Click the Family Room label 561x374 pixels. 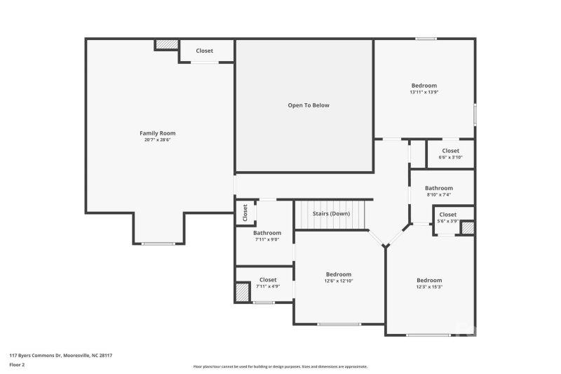point(157,133)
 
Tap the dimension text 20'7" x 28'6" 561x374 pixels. point(157,140)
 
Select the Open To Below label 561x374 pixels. point(308,105)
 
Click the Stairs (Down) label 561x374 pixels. point(331,213)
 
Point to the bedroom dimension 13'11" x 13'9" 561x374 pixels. point(424,92)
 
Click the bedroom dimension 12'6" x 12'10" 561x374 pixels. point(338,281)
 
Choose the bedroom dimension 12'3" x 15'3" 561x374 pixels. point(429,286)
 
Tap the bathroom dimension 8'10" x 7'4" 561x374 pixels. point(439,194)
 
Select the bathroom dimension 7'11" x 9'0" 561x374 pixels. point(267,239)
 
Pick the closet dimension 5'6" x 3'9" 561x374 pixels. point(447,221)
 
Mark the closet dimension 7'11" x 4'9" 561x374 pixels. point(268,286)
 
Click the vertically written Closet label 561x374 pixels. point(245,212)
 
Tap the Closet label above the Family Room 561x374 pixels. point(204,51)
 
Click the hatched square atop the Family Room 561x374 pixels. point(167,44)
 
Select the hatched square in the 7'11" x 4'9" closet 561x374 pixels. point(243,291)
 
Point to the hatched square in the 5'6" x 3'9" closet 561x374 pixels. point(467,227)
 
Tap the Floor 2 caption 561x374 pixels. point(17,365)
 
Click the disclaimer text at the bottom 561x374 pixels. point(280,366)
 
